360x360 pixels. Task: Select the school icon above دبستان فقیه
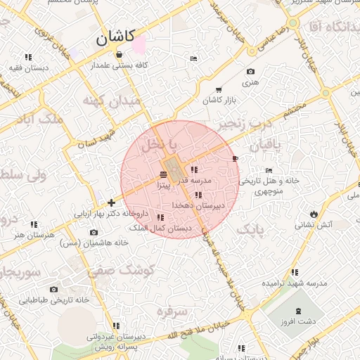tap(28, 57)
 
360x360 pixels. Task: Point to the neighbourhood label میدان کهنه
tap(112, 101)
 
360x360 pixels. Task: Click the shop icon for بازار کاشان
tap(219, 90)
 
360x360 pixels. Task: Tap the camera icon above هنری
tap(250, 72)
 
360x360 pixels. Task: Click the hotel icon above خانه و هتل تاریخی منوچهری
tap(269, 170)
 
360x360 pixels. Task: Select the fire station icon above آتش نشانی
tap(313, 214)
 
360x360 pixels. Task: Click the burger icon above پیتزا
tap(163, 174)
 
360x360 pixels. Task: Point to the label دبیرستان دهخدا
tap(199, 205)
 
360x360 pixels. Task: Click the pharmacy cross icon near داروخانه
tap(111, 202)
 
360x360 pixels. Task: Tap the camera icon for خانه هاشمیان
tap(94, 233)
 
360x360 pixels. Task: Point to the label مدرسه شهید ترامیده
tap(295, 283)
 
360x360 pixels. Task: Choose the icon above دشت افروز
tap(300, 311)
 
